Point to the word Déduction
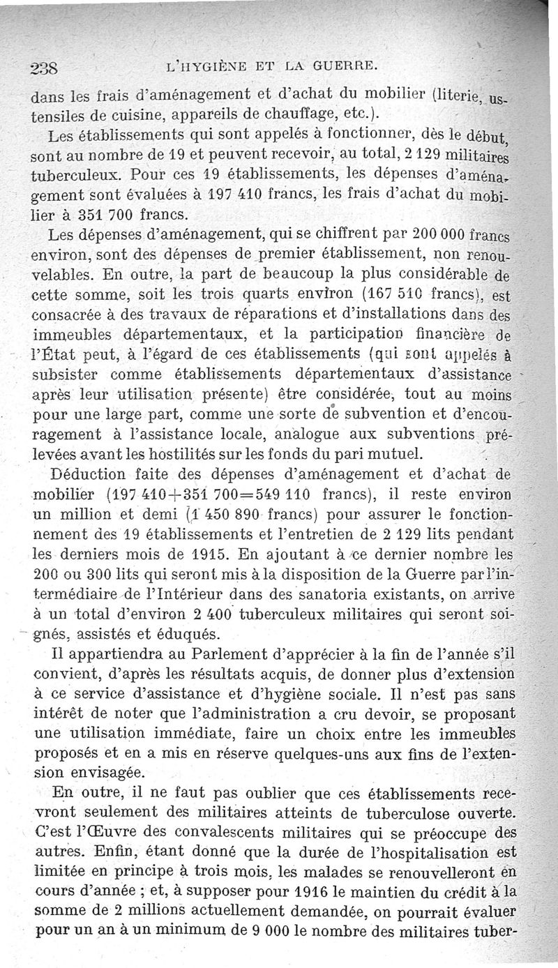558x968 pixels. pos(90,476)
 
